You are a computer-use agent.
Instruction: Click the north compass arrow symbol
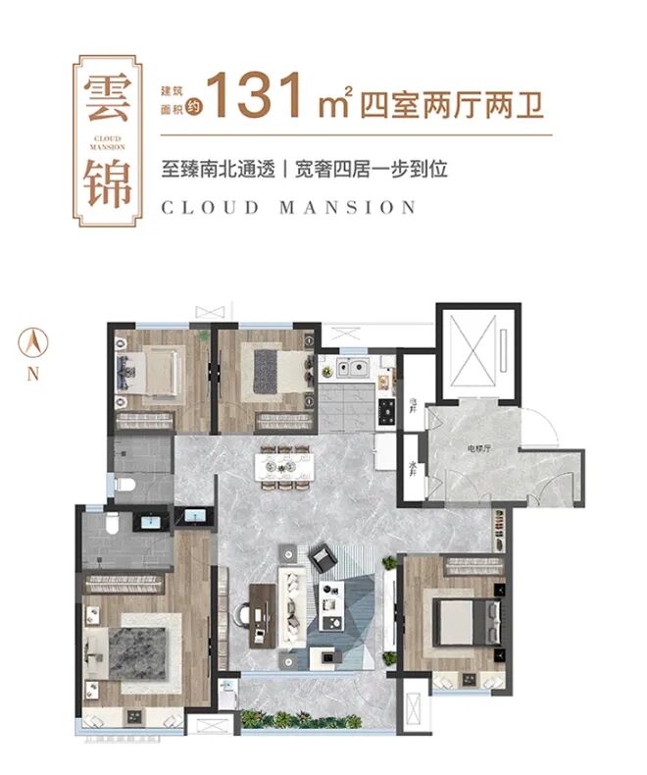point(34,343)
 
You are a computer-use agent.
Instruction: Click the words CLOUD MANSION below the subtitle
point(289,207)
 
